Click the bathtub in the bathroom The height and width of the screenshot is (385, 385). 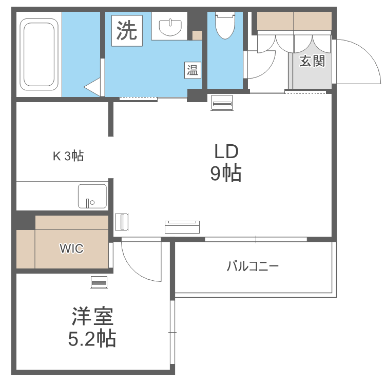pyautogui.click(x=39, y=54)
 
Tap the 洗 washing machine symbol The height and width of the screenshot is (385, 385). pyautogui.click(x=127, y=31)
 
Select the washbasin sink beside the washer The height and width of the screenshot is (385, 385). pyautogui.click(x=170, y=28)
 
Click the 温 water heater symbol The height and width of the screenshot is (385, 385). pyautogui.click(x=192, y=70)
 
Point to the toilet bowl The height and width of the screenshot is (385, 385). pyautogui.click(x=225, y=25)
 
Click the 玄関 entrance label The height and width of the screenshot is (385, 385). pyautogui.click(x=312, y=61)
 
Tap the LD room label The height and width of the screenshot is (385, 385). pyautogui.click(x=226, y=151)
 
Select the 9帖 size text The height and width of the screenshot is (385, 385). pyautogui.click(x=226, y=174)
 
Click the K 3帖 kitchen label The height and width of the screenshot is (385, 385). pyautogui.click(x=68, y=156)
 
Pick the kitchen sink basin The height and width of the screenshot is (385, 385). pyautogui.click(x=92, y=196)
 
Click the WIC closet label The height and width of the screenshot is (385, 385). pyautogui.click(x=72, y=248)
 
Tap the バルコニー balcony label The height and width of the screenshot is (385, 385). pyautogui.click(x=253, y=266)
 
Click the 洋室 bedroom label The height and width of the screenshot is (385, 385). pyautogui.click(x=92, y=316)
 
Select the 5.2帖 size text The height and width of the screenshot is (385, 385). pyautogui.click(x=92, y=338)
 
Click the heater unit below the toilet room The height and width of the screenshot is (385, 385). pyautogui.click(x=222, y=103)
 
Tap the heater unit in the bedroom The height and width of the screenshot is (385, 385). pyautogui.click(x=99, y=282)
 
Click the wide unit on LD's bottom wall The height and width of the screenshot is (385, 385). pyautogui.click(x=182, y=227)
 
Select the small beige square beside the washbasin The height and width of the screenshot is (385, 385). pyautogui.click(x=197, y=35)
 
